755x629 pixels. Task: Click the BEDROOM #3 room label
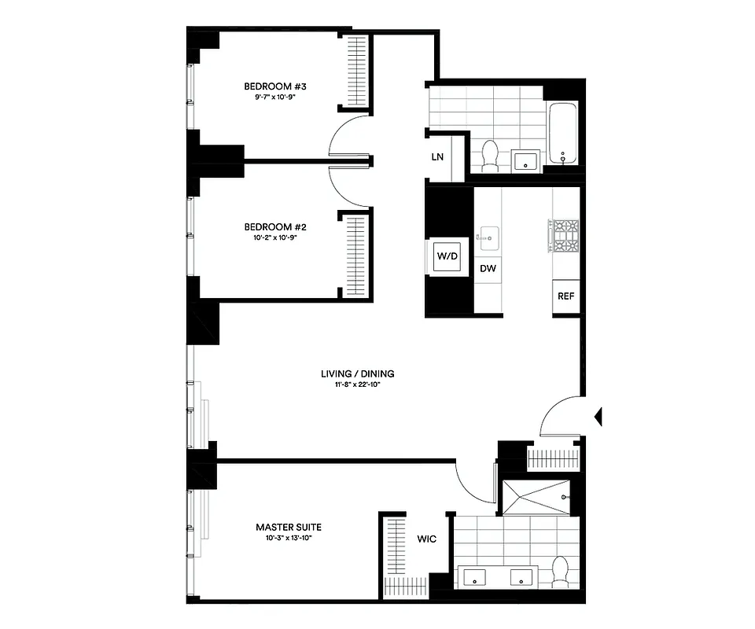(x=269, y=86)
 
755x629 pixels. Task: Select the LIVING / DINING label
(x=357, y=373)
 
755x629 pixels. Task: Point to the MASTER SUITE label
(x=289, y=527)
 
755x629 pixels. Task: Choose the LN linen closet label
(x=438, y=156)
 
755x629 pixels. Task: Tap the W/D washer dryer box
(x=447, y=256)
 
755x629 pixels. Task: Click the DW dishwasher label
(x=488, y=269)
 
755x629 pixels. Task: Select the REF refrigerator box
(x=565, y=296)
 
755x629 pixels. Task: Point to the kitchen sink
(x=488, y=235)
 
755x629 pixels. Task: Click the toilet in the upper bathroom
(x=490, y=154)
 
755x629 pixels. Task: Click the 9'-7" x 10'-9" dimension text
(x=269, y=97)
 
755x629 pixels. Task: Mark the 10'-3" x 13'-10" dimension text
(x=289, y=539)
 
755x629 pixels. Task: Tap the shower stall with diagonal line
(x=540, y=496)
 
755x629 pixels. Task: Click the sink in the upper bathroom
(x=525, y=161)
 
